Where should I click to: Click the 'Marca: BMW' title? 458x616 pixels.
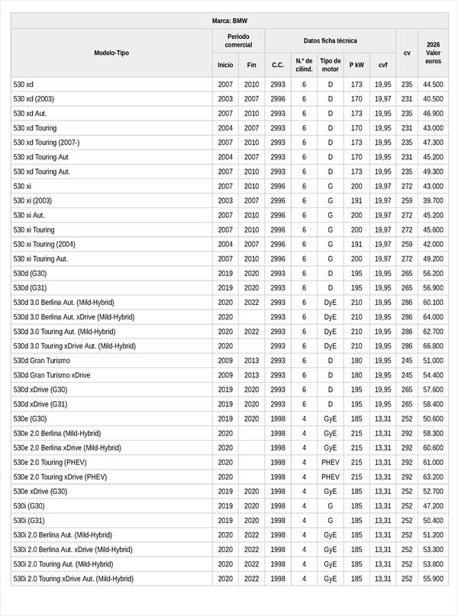[x=229, y=21]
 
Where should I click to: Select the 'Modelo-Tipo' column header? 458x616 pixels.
[x=111, y=53]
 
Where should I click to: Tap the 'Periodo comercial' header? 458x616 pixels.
[x=238, y=40]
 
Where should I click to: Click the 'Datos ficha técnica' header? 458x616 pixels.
[x=330, y=40]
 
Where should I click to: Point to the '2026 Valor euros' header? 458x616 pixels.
[x=433, y=53]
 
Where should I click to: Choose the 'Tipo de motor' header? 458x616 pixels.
[x=331, y=65]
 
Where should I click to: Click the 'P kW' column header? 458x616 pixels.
[x=356, y=65]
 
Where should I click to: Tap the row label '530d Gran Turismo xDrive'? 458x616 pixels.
[x=52, y=375]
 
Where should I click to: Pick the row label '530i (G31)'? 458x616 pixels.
[x=29, y=521]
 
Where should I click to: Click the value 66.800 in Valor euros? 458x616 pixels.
[x=433, y=346]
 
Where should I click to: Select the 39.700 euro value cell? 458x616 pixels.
[x=433, y=201]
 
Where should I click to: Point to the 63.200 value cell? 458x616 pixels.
[x=433, y=477]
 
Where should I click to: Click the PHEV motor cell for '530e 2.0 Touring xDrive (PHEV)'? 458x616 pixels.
[x=331, y=477]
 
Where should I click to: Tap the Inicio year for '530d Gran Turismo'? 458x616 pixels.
[x=225, y=361]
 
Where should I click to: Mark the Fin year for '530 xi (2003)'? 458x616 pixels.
[x=252, y=201]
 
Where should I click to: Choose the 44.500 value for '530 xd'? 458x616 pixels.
[x=433, y=85]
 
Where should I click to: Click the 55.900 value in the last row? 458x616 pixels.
[x=433, y=579]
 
